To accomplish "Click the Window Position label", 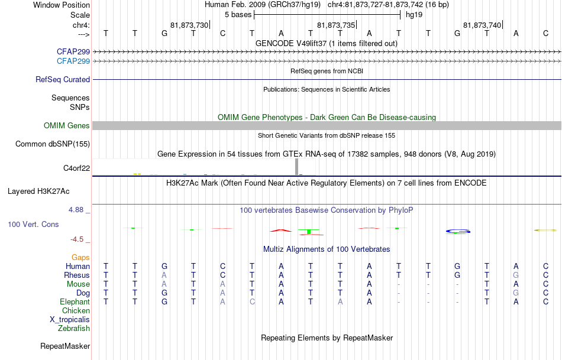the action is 62,5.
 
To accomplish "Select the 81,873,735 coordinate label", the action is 336,25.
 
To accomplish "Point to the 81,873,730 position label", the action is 189,25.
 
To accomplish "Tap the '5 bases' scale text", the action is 238,15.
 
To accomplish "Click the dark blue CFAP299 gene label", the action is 73,51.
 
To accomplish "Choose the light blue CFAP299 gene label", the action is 73,61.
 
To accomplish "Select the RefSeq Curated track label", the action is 63,80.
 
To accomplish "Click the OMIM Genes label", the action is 67,126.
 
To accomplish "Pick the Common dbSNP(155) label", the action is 53,144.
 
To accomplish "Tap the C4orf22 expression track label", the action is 77,168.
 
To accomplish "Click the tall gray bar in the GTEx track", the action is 297,167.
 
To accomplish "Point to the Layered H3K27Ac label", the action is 38,192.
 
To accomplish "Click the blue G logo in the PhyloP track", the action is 458,231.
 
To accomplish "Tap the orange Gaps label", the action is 80,258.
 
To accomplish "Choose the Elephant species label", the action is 75,302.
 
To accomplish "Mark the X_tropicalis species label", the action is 70,320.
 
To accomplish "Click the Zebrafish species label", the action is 74,329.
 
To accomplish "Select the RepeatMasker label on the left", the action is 65,346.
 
